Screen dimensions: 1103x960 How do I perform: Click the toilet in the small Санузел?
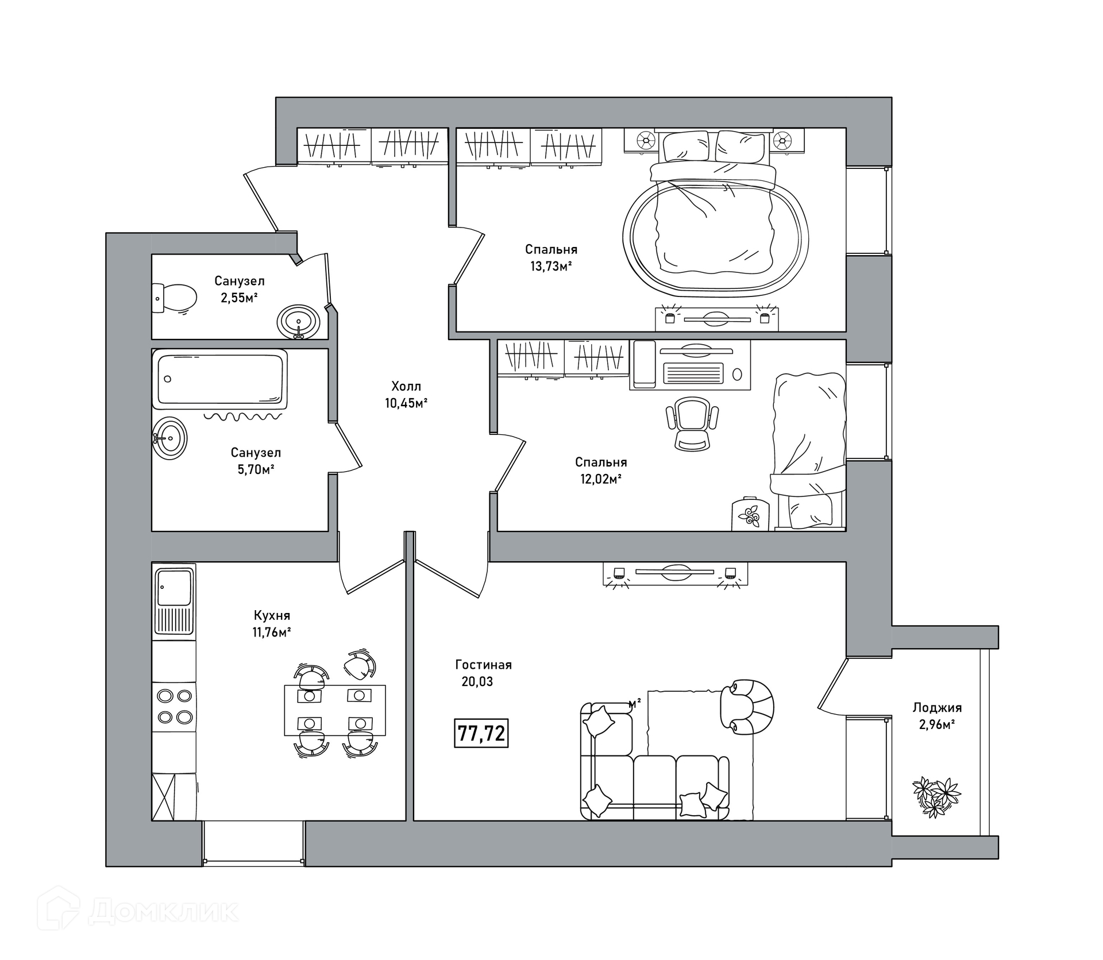175,298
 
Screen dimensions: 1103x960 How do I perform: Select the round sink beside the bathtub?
170,438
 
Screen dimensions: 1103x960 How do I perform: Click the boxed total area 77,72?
481,734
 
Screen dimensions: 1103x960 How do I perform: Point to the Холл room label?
406,386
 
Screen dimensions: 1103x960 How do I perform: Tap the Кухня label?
272,615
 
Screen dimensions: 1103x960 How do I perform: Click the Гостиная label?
483,665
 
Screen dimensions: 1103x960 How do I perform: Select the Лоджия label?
937,708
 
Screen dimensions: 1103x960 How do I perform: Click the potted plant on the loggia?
936,796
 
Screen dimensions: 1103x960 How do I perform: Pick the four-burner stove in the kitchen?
174,706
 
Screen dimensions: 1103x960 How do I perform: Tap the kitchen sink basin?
174,587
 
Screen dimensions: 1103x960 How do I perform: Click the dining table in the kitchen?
335,710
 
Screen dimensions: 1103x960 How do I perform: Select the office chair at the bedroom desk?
692,424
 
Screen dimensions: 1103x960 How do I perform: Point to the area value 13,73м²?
551,267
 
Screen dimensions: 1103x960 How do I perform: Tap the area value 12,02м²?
601,479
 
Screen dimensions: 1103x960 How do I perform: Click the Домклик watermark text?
164,912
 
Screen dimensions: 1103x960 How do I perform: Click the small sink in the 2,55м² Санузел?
299,321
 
